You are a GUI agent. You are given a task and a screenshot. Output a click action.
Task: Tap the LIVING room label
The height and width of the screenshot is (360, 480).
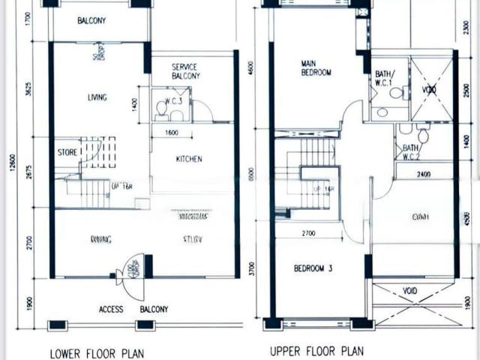(x=97, y=97)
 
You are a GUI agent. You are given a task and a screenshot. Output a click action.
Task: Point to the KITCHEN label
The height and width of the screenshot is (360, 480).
(x=188, y=159)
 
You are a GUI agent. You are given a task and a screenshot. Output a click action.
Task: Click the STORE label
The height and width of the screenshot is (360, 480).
(x=67, y=152)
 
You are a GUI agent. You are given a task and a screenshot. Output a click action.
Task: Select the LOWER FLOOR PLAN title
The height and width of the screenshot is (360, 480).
(x=97, y=352)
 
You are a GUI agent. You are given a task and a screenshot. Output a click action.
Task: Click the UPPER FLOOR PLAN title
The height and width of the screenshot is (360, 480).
(x=316, y=350)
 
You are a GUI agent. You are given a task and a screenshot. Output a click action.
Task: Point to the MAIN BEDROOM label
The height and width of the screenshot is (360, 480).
(x=316, y=68)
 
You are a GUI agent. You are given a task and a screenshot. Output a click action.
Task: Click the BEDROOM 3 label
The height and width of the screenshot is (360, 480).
(x=314, y=268)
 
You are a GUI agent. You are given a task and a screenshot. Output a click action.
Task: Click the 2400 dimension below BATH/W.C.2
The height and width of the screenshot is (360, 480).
(x=423, y=175)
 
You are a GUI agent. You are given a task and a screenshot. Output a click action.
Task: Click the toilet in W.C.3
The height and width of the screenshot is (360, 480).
(x=161, y=108)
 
